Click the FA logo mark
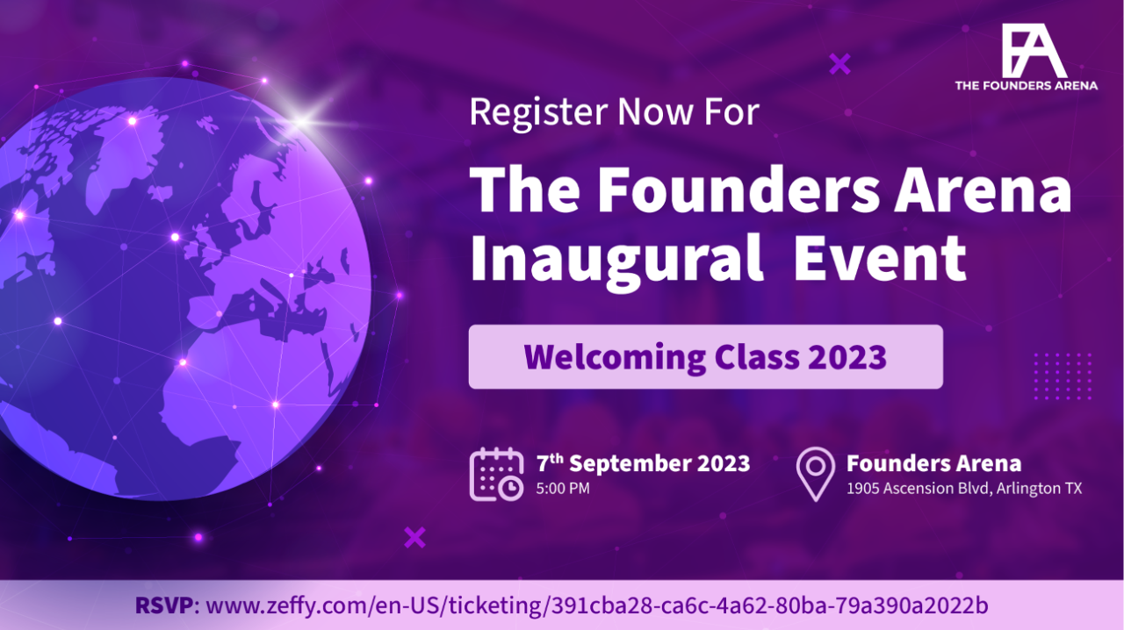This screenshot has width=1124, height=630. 1034,50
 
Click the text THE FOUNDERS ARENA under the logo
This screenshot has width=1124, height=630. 1027,86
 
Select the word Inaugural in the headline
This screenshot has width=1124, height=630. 616,260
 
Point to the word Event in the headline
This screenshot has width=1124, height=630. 880,258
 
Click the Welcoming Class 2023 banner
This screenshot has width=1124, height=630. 705,356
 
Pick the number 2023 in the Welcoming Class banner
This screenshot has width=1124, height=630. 847,356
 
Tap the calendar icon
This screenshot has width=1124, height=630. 496,474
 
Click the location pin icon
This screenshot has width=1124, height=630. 816,474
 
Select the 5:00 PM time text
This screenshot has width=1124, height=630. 563,488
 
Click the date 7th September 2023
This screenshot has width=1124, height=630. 643,463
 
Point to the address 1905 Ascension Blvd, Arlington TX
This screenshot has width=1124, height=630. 964,488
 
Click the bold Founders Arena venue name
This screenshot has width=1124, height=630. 933,463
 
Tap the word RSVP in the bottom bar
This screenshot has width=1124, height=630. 164,605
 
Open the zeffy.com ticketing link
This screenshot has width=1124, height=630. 597,605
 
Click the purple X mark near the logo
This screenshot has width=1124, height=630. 840,64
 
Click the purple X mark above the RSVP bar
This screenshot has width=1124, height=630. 415,538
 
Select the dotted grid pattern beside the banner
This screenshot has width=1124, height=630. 1063,376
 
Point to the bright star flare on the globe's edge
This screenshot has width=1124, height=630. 302,121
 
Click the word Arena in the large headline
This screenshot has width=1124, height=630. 983,190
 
